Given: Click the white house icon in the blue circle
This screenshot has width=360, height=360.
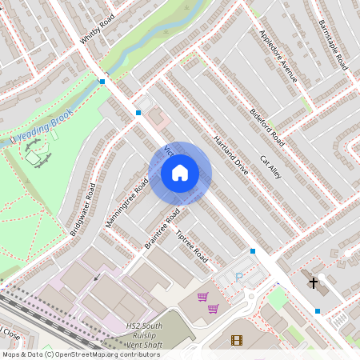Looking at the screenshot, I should [180, 172].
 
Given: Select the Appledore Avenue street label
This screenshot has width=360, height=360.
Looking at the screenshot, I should [278, 56].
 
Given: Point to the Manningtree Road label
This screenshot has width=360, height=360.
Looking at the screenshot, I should [127, 202].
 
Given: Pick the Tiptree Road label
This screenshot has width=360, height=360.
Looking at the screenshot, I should [191, 248].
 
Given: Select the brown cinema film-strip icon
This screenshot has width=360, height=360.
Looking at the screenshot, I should [236, 340].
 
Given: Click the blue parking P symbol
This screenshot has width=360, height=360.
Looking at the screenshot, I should [238, 276].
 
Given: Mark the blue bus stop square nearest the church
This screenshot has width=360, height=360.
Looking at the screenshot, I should [318, 310].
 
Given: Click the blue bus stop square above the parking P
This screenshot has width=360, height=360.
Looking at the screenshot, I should [253, 251].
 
